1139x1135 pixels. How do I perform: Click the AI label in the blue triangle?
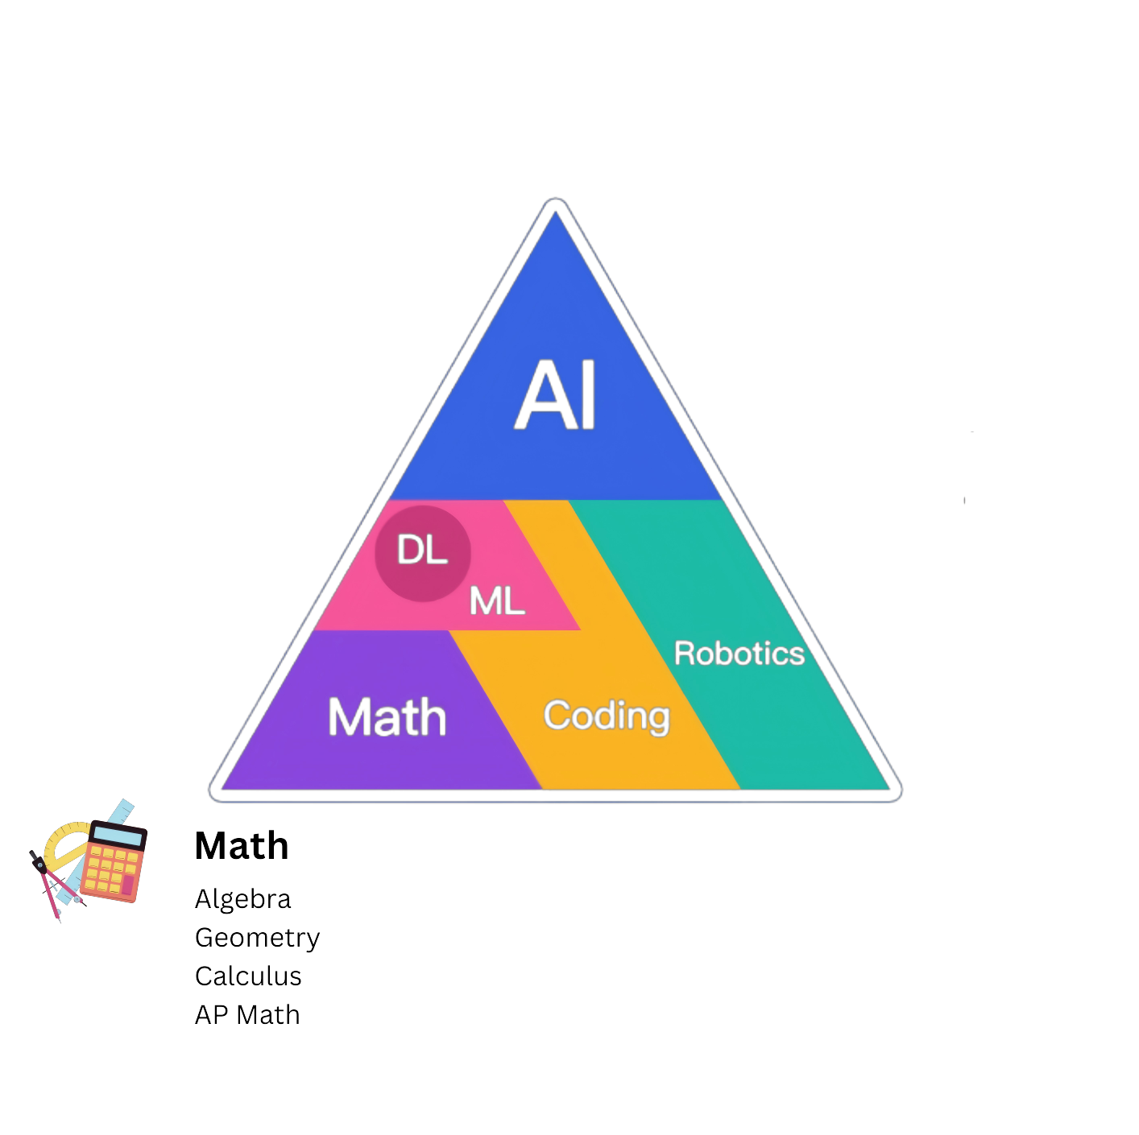pos(554,394)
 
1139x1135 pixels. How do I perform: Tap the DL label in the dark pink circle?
pos(422,550)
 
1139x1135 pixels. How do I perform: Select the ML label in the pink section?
pos(497,601)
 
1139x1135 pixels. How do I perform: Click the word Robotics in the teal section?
pos(739,653)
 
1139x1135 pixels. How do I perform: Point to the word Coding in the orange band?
pos(607,716)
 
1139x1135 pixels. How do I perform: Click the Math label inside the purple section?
pos(387,716)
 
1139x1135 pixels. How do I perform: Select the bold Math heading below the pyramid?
pos(242,845)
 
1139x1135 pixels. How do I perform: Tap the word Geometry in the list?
pos(257,938)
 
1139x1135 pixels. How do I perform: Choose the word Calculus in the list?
pos(248,976)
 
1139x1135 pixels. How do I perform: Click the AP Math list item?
pos(247,1015)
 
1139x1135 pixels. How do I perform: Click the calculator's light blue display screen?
pos(118,836)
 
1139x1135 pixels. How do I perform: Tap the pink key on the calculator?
pos(127,885)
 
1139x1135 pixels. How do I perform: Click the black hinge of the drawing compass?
pos(41,866)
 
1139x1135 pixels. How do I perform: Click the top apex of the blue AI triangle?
pos(554,212)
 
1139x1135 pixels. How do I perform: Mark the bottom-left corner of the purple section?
pos(222,790)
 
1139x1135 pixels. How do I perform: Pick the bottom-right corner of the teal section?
pos(889,790)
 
